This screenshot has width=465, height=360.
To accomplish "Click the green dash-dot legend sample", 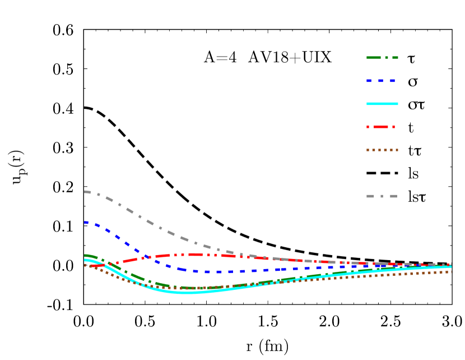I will (382, 58).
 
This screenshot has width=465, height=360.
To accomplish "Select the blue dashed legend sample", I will (382, 81).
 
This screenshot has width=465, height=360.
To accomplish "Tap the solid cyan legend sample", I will (382, 104).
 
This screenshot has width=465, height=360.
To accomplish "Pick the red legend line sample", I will (382, 127).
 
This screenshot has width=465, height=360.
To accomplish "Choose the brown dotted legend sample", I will (382, 150).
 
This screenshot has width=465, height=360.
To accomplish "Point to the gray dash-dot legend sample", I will (382, 196).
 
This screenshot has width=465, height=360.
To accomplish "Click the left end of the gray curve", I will (85, 192).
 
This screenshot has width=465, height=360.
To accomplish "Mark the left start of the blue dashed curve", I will (85, 222).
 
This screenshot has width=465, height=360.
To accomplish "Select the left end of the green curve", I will (85, 256).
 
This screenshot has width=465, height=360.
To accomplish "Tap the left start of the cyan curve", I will (85, 260).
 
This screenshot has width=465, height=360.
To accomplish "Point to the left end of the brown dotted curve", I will (85, 265).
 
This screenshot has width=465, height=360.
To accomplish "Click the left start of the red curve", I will (90, 266).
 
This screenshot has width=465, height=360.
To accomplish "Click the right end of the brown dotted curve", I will (451, 272).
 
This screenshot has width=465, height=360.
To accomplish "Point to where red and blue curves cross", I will (147, 257).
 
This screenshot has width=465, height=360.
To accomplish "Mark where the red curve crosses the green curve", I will (109, 264).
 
